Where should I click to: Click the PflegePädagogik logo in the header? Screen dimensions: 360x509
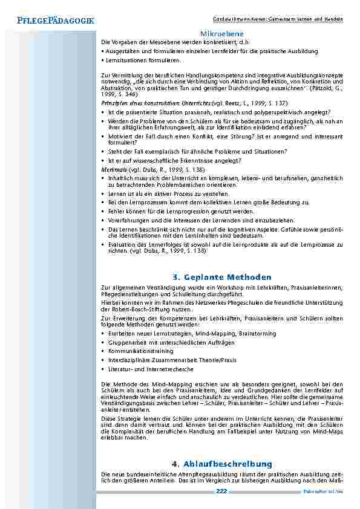coord(51,21)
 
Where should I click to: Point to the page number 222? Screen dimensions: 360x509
coord(221,491)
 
